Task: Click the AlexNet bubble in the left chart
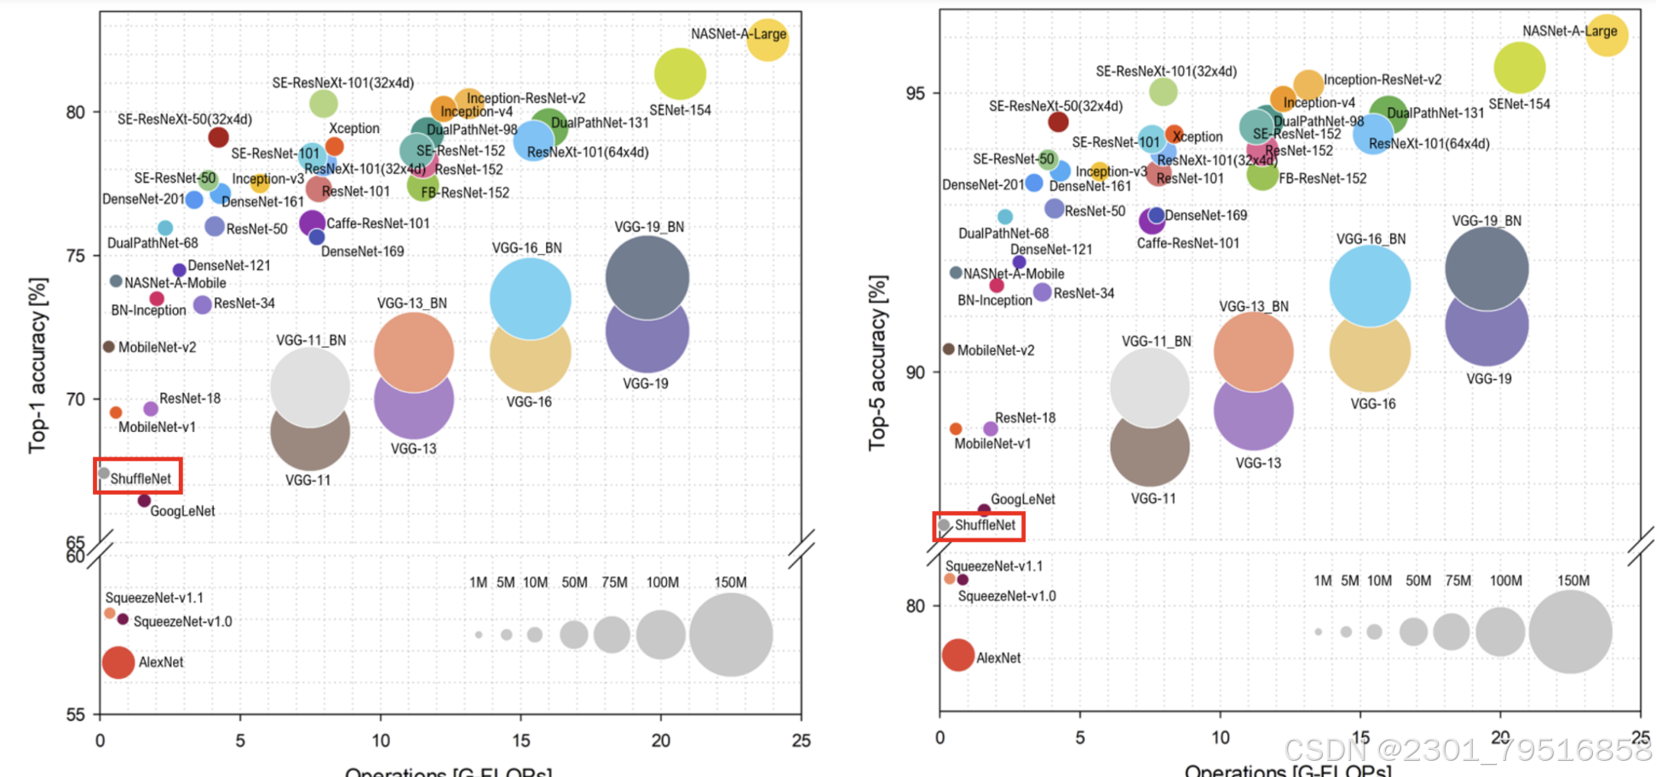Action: coord(118,662)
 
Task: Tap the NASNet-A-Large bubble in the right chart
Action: coord(1607,36)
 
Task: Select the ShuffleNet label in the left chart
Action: coord(141,479)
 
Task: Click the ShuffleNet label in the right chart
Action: coord(985,525)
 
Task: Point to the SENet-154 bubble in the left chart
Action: coord(680,74)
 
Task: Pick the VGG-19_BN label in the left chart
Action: coord(649,227)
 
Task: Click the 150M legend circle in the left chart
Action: coord(730,635)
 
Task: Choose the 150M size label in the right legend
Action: coord(1573,581)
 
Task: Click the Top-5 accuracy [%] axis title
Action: coord(877,362)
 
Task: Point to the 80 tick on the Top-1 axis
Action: coord(76,112)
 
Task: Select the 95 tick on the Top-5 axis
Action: coord(915,93)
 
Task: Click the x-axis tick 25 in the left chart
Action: coord(801,740)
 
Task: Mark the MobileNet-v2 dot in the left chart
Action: coord(109,347)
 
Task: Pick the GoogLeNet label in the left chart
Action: coord(182,511)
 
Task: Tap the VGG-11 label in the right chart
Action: coord(1153,498)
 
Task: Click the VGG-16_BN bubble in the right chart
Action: coord(1370,285)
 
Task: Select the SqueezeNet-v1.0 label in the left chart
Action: coord(182,621)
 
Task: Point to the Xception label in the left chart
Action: coord(354,129)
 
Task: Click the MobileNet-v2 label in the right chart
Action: coord(996,350)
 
